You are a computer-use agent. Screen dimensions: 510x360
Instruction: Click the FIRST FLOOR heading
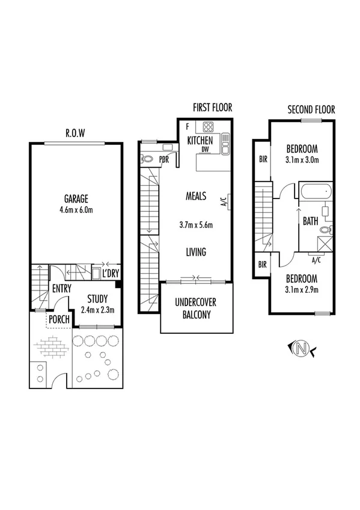coord(212,108)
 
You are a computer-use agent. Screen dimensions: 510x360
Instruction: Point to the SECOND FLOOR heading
coord(311,109)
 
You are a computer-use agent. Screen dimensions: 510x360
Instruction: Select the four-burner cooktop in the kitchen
coord(208,127)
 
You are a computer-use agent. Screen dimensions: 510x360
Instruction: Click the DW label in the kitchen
coord(205,149)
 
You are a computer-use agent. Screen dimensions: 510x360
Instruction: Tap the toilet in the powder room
coord(148,159)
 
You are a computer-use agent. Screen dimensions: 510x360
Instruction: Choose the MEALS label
coord(196,196)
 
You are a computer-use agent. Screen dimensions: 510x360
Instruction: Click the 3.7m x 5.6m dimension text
coord(197,225)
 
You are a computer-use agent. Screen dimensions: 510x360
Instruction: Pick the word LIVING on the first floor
coord(196,252)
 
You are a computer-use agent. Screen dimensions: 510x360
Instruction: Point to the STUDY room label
coord(97,299)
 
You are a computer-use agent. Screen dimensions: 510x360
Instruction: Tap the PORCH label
coord(59,319)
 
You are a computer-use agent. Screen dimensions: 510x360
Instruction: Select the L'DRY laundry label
coord(111,274)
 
